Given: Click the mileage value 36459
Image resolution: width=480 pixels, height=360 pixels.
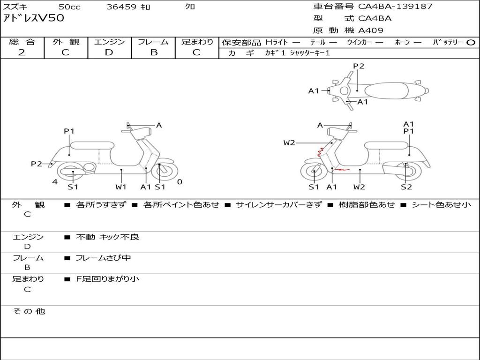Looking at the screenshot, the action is tap(121, 7).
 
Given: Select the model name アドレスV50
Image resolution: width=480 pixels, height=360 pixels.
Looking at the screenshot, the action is tap(33, 19).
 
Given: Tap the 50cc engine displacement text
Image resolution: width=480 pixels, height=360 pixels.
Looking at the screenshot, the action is tap(69, 7).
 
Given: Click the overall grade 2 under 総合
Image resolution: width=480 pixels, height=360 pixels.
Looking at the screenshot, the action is tap(22, 52).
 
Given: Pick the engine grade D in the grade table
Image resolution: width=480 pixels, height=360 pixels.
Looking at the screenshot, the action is tap(109, 52).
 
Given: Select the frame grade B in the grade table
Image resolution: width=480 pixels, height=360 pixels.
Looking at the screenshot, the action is tap(153, 52).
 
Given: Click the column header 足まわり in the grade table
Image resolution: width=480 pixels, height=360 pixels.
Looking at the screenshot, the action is tap(197, 42).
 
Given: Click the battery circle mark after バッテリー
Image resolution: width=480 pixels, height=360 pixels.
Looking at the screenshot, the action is tap(471, 43).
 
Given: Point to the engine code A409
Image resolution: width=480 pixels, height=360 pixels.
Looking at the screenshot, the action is tap(371, 30).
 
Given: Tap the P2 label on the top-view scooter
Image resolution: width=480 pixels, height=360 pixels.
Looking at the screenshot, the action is tap(359, 66).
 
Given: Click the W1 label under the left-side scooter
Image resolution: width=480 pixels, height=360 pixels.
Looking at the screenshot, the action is tap(121, 187).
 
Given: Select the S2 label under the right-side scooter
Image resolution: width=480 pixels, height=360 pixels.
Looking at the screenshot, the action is tap(406, 187).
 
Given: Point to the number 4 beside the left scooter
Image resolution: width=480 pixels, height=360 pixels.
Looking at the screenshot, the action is tap(55, 182).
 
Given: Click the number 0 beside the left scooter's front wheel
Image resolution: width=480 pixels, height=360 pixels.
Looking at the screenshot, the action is tap(180, 182).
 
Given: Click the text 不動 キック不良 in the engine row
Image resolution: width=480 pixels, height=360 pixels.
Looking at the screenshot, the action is tap(108, 237).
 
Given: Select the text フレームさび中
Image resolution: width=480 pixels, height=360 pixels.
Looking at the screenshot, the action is tap(103, 258).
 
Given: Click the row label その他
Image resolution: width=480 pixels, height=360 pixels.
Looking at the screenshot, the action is tap(29, 311).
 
